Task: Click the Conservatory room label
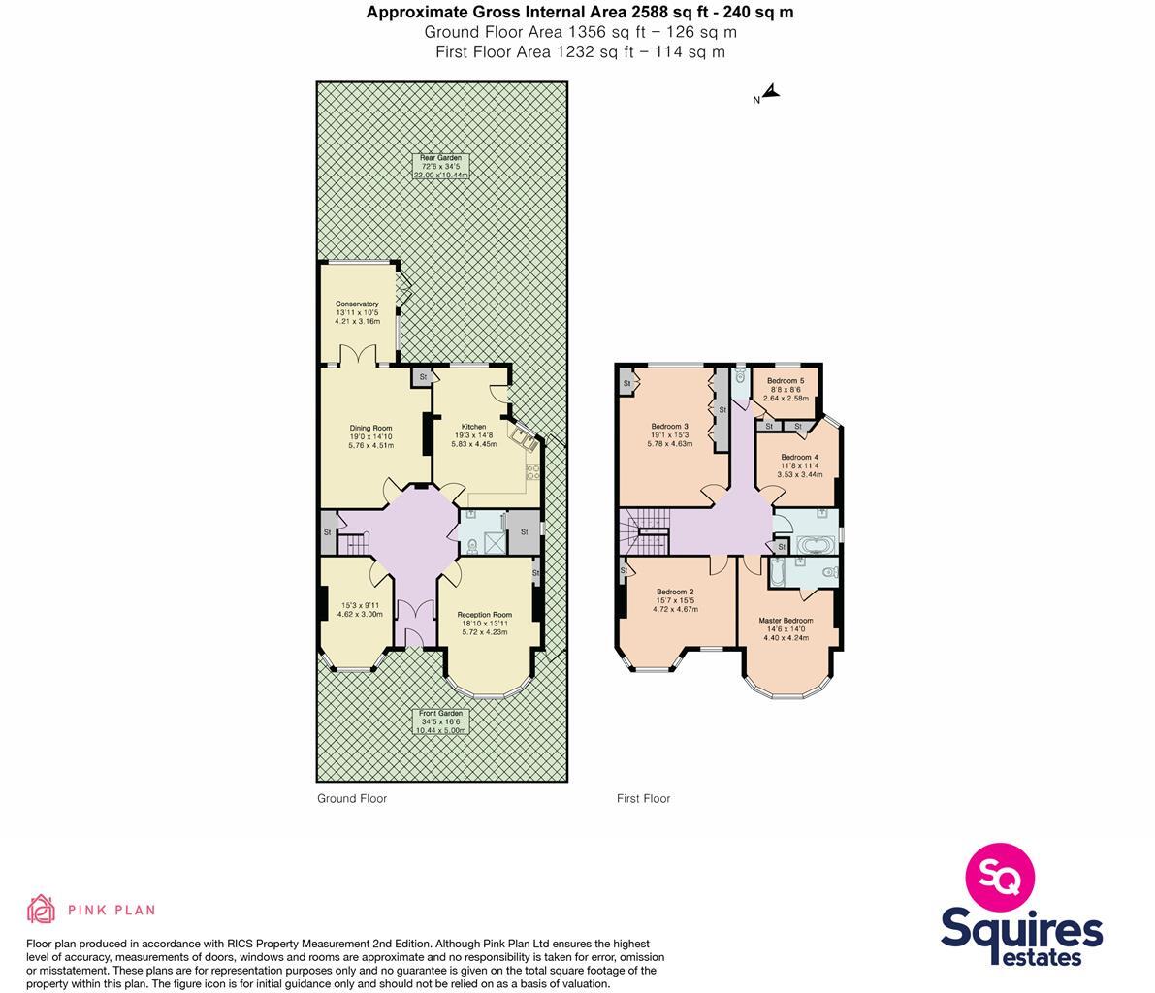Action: pos(357,304)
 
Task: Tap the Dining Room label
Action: pos(370,428)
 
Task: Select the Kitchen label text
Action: pos(473,427)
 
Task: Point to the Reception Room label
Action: pos(485,614)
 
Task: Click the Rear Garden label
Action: pos(441,158)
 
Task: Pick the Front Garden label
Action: pos(441,713)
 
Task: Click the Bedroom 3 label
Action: pos(669,427)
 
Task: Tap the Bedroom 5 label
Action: pos(786,381)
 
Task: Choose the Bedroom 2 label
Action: pos(675,592)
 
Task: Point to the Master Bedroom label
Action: pos(786,621)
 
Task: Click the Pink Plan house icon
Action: pos(41,910)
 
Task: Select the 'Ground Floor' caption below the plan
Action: pos(352,799)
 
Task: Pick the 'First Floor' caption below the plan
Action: pos(643,799)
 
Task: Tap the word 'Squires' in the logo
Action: pos(1021,930)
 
